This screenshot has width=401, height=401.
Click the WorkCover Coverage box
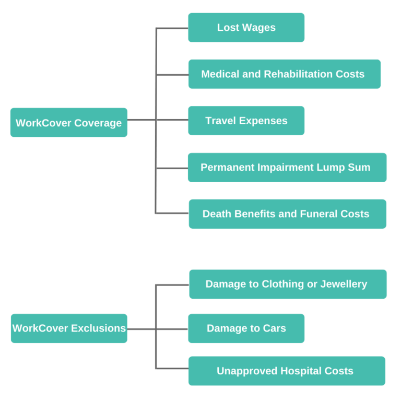(x=68, y=123)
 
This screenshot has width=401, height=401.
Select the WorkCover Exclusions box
(x=69, y=328)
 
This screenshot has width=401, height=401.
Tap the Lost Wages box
(x=246, y=28)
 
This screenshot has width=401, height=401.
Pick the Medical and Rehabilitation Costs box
(x=284, y=74)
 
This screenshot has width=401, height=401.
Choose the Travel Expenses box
(x=246, y=121)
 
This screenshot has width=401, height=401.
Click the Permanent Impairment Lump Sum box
(x=287, y=168)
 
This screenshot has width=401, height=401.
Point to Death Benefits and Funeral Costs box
(x=287, y=214)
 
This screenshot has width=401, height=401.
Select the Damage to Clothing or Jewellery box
(x=288, y=284)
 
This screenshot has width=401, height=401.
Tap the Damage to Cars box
(x=246, y=328)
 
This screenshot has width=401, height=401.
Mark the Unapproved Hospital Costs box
(x=287, y=371)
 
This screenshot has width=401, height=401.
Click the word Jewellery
(x=343, y=284)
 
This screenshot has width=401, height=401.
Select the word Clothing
(x=284, y=284)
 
